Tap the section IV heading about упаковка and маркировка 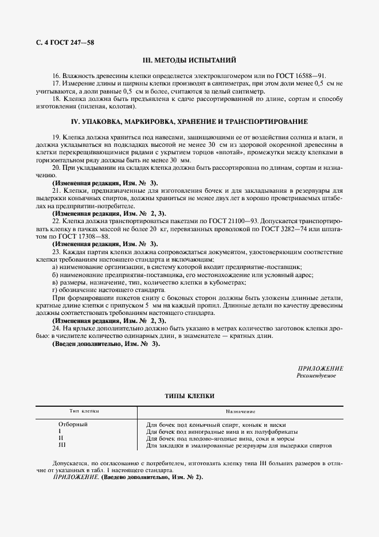coord(189,122)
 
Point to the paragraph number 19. coord(56,138)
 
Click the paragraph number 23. coord(56,251)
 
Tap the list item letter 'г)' coord(55,290)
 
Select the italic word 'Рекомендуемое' coord(317,375)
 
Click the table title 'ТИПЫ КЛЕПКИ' coord(189,396)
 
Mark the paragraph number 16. coord(56,75)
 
